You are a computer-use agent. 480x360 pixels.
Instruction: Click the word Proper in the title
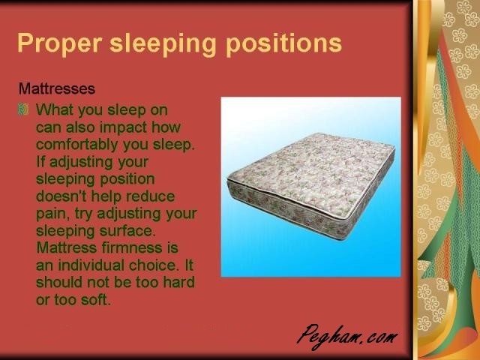click(x=60, y=44)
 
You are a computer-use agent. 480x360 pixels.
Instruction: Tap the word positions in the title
click(x=283, y=44)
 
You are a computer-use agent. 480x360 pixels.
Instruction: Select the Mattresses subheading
click(x=57, y=88)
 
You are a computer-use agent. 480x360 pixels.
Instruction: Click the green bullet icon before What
click(x=23, y=109)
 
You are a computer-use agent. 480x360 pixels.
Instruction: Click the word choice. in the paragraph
click(x=153, y=265)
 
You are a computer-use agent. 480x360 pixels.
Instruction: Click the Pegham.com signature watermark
click(x=347, y=337)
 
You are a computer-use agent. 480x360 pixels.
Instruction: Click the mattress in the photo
click(x=311, y=185)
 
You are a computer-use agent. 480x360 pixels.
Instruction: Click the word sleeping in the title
click(x=163, y=44)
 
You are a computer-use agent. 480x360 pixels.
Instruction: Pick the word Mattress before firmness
click(x=67, y=247)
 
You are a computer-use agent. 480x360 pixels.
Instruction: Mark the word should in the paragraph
click(x=59, y=282)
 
